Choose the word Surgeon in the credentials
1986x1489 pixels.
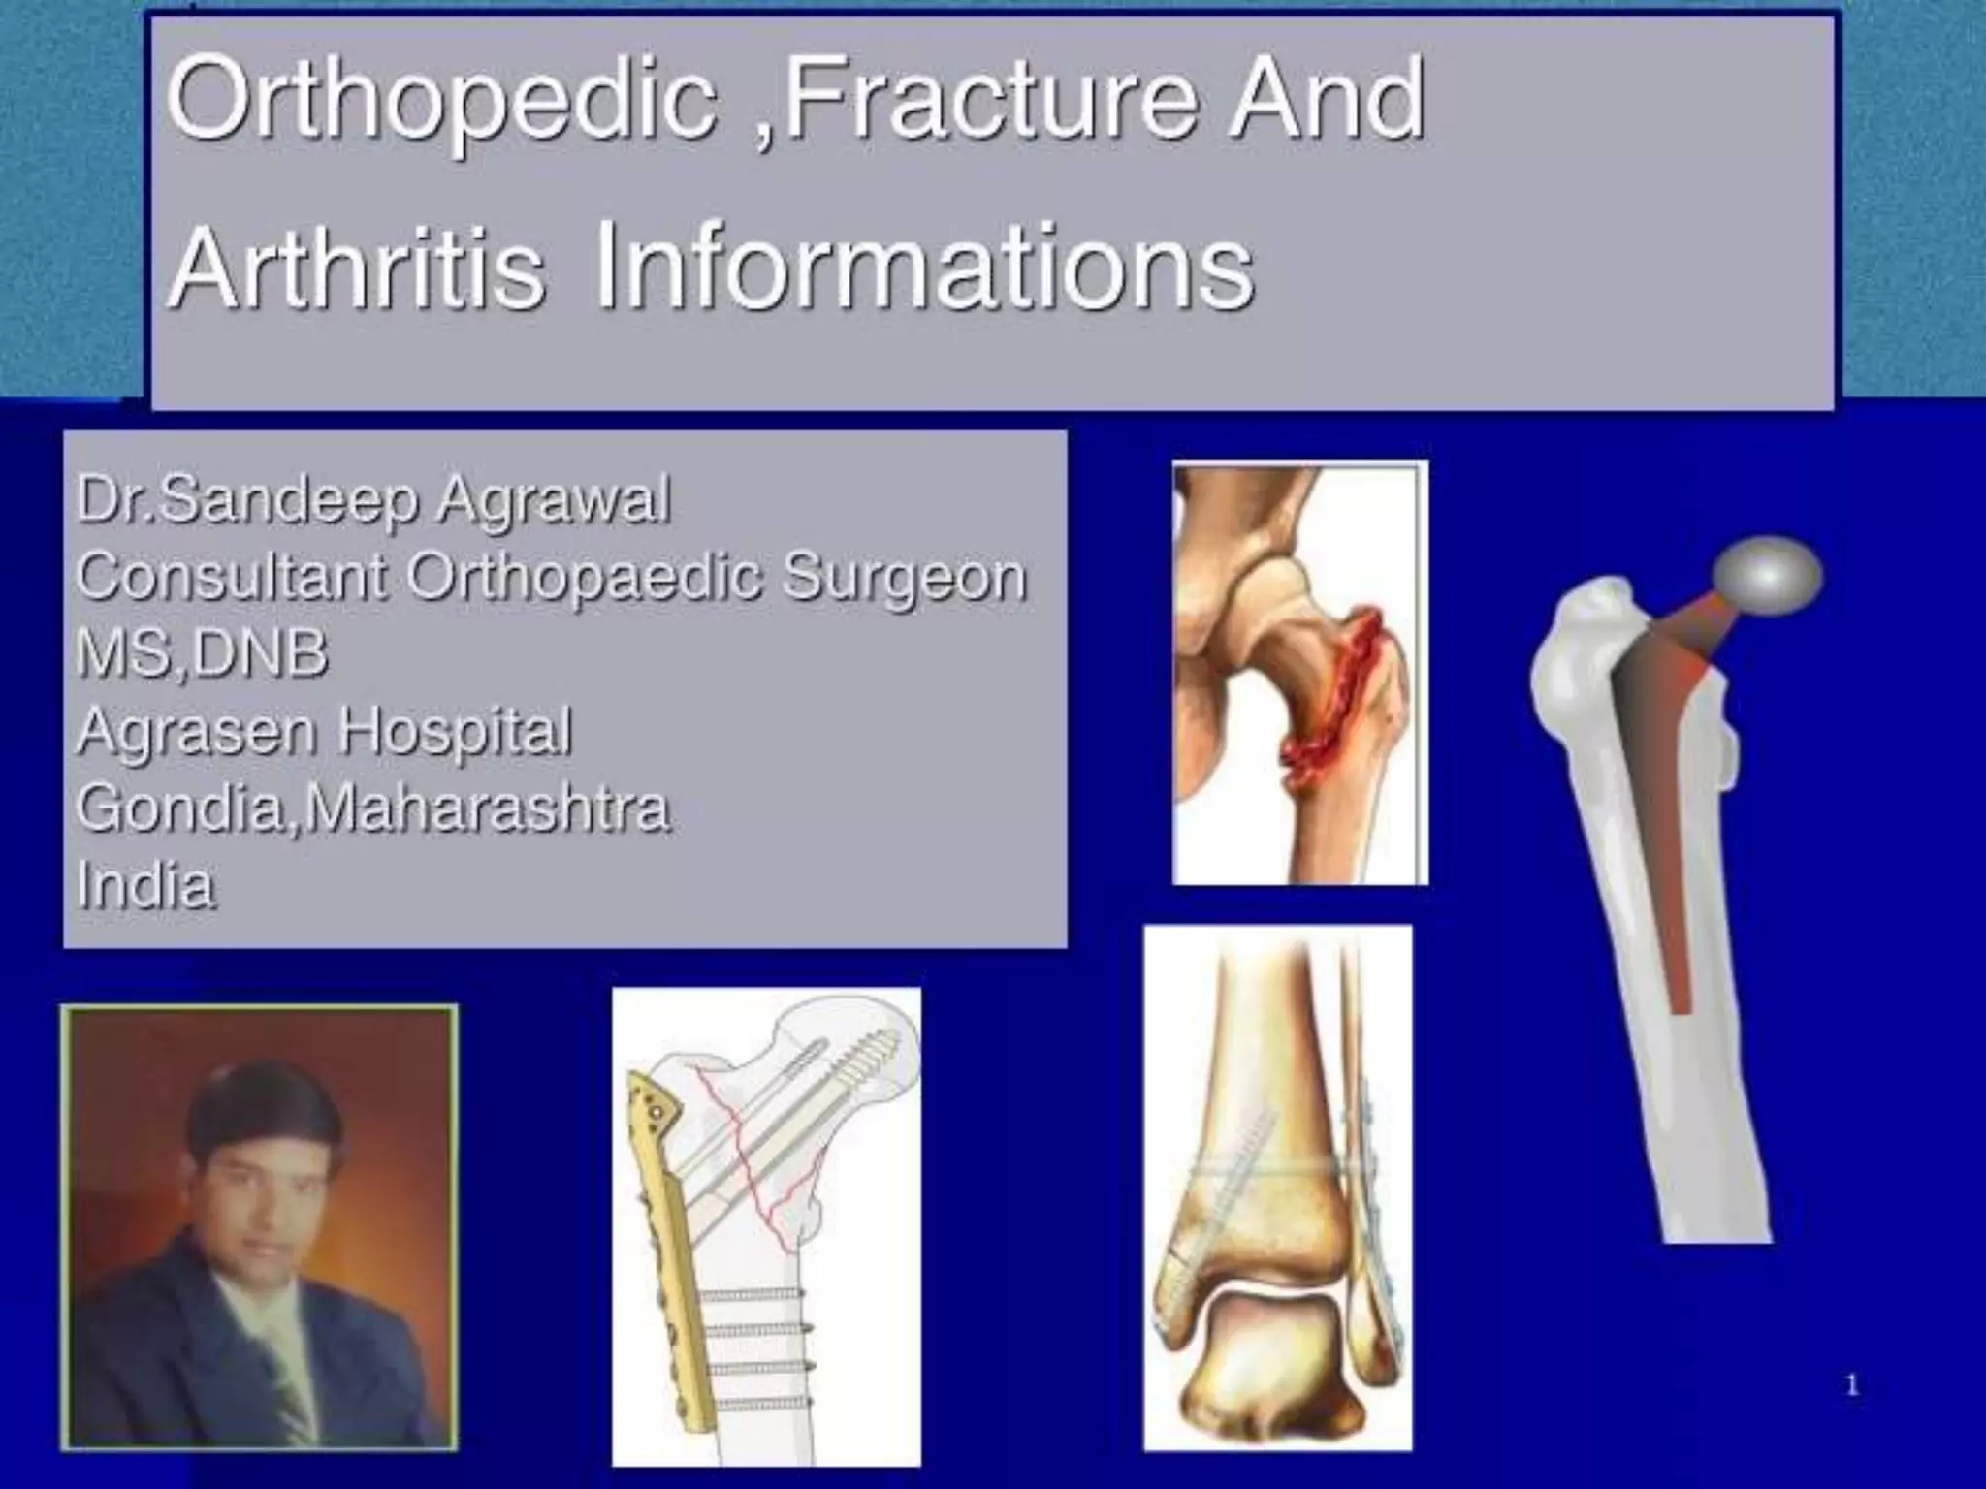904,578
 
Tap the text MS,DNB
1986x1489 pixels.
202,653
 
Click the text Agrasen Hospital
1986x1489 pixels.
324,731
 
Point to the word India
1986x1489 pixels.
145,885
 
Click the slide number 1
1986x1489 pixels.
1851,1386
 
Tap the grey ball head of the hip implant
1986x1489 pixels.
1767,578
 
